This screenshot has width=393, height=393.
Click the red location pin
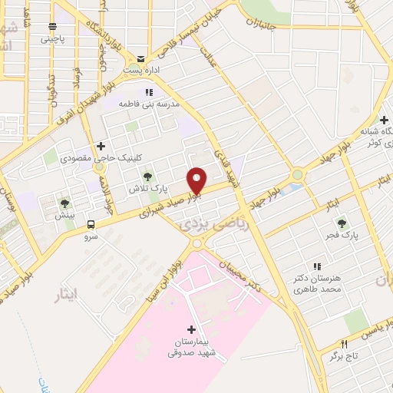[x=196, y=180]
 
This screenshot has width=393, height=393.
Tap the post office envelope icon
[x=140, y=58]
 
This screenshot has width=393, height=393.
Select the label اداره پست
[x=140, y=70]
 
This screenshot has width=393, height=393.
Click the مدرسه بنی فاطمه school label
[x=149, y=103]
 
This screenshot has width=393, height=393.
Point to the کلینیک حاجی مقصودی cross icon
[x=101, y=146]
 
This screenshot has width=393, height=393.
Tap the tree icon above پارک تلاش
[x=148, y=177]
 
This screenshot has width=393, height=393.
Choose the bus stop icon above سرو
[x=92, y=225]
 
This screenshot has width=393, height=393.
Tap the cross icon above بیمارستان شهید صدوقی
[x=191, y=329]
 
